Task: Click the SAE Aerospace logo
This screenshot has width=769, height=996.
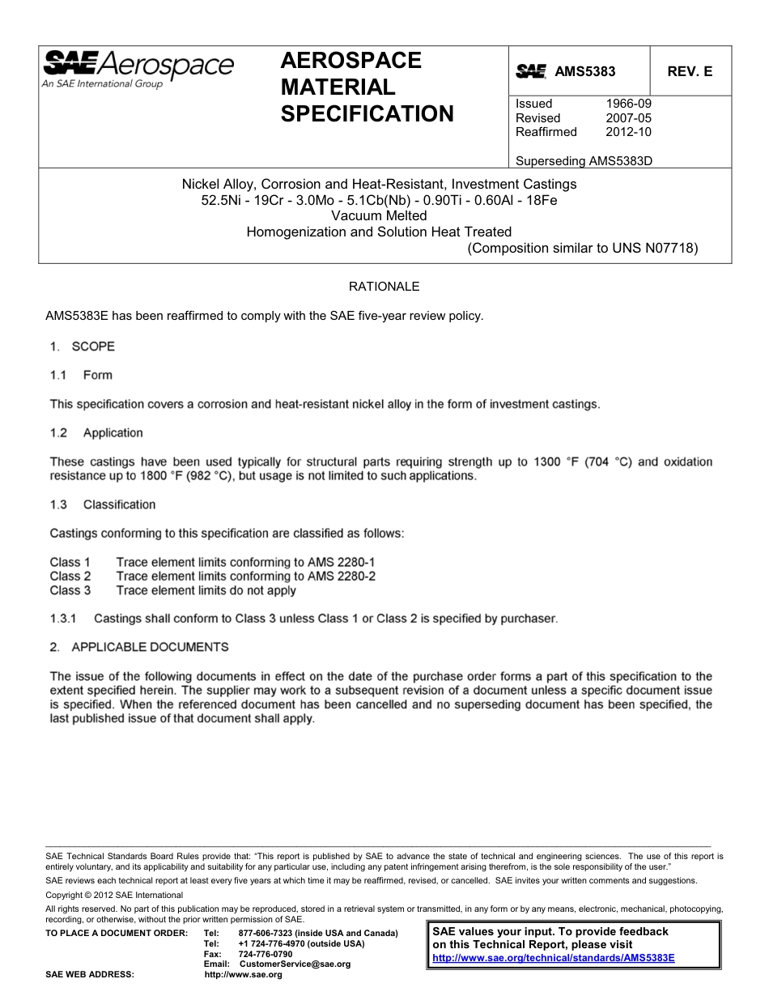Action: point(138,67)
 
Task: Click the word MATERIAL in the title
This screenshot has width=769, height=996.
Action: point(338,87)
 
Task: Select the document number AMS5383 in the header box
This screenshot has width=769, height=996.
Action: point(584,71)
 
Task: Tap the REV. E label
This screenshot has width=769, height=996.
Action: point(690,71)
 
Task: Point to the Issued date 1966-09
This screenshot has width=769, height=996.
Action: point(629,104)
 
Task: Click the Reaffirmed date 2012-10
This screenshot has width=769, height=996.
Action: point(629,132)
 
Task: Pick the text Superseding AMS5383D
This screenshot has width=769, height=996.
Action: point(584,160)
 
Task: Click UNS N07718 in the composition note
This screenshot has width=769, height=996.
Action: point(657,248)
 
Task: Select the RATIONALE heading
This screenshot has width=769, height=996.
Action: point(384,287)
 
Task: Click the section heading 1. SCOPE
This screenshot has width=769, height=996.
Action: point(82,347)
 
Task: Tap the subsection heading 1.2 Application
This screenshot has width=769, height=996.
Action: point(96,433)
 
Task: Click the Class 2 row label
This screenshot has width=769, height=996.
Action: point(70,577)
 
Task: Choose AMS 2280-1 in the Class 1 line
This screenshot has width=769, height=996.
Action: point(341,562)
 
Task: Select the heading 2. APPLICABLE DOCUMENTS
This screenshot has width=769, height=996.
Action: point(139,647)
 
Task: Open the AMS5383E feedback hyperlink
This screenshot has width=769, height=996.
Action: point(554,957)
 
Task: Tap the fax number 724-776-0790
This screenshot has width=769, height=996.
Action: point(266,954)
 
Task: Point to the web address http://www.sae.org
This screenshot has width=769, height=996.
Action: point(243,975)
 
